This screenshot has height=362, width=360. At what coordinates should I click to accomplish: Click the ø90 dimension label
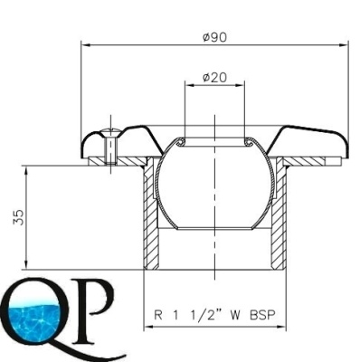coord(214,37)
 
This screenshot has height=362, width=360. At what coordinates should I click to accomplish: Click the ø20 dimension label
coord(214,78)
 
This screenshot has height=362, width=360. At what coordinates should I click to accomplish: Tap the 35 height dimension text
coord(18,217)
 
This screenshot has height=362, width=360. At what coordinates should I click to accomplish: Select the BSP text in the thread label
coord(263,315)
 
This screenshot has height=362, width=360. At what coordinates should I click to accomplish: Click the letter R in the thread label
coord(158,315)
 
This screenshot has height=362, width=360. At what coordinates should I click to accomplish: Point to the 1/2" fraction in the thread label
coord(205,315)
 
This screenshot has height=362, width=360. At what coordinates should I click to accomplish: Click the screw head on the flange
coord(110,132)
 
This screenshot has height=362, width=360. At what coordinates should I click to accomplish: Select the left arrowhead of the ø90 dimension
coord(86,45)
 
